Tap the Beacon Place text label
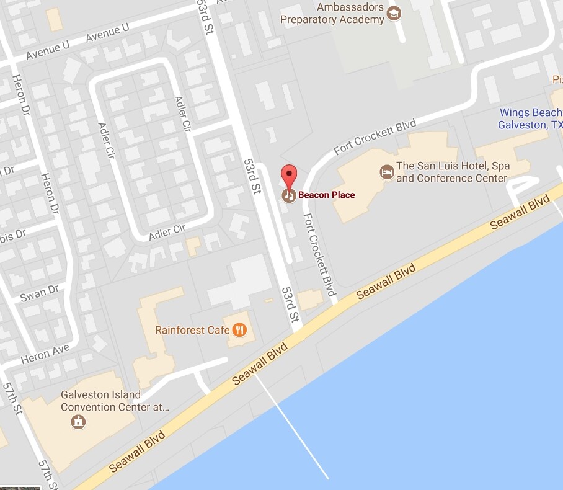click(326, 195)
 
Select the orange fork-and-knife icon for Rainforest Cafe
click(240, 330)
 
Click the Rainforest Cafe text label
click(192, 330)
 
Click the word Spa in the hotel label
click(500, 166)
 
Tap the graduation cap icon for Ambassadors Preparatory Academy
click(394, 13)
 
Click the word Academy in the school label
click(361, 20)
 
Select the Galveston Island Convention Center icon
click(79, 422)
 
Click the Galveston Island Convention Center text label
click(114, 401)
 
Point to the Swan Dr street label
click(39, 292)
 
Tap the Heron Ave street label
click(45, 355)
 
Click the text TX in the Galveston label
click(556, 125)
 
